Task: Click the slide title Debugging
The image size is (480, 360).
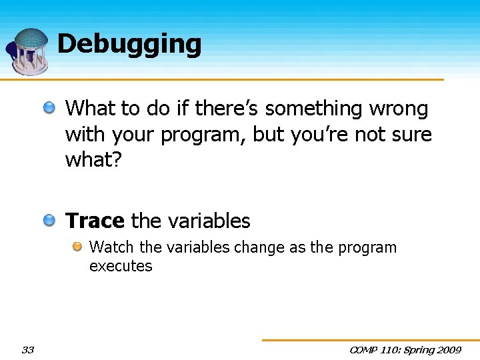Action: click(129, 44)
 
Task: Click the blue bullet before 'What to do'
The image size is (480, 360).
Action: click(50, 107)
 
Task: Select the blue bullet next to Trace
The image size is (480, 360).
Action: click(50, 220)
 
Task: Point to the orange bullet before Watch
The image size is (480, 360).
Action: click(77, 247)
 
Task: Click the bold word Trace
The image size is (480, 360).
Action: click(95, 221)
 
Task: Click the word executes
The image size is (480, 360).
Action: click(121, 266)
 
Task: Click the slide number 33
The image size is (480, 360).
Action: click(27, 350)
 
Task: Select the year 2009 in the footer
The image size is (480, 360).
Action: click(447, 350)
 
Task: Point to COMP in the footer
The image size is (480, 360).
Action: click(365, 350)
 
